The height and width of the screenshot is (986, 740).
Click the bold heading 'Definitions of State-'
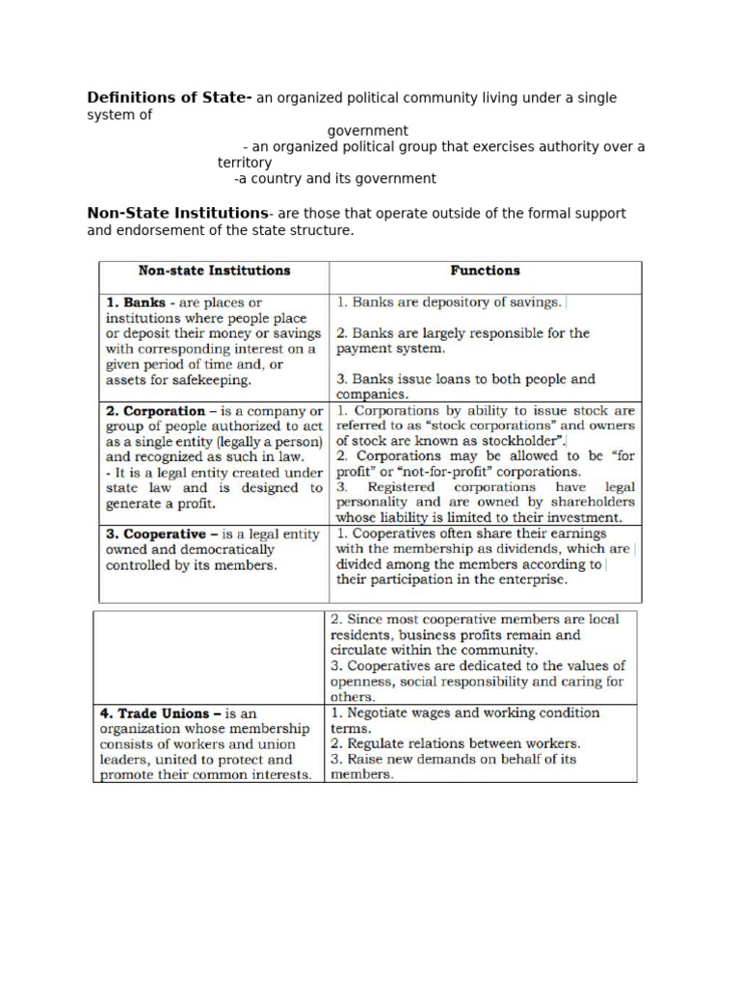170,98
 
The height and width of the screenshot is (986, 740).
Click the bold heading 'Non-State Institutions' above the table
177,213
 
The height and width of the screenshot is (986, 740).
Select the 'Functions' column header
485,272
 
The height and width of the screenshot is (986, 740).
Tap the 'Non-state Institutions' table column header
214,272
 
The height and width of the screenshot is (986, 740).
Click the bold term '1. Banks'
132,302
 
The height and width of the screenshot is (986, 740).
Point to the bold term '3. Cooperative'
154,534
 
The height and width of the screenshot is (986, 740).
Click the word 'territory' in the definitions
245,163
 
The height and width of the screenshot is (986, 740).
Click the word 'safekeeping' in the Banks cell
209,380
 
